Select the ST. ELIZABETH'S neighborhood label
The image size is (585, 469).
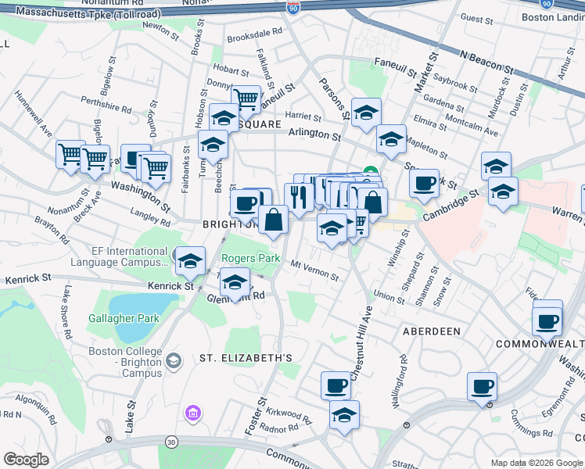tap(246, 358)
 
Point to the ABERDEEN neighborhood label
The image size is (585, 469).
tap(431, 331)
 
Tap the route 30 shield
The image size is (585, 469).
tap(171, 442)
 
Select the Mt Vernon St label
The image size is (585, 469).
tap(314, 270)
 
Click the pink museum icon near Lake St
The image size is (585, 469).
tap(192, 412)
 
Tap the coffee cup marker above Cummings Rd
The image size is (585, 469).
tap(482, 386)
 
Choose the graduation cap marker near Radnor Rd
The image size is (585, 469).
tap(344, 414)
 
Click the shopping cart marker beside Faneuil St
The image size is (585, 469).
tap(246, 99)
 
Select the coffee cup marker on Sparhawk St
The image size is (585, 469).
tap(424, 184)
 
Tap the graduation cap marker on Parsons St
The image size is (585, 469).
tap(365, 113)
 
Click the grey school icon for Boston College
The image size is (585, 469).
tap(173, 360)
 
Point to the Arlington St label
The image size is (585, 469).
tap(314, 135)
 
